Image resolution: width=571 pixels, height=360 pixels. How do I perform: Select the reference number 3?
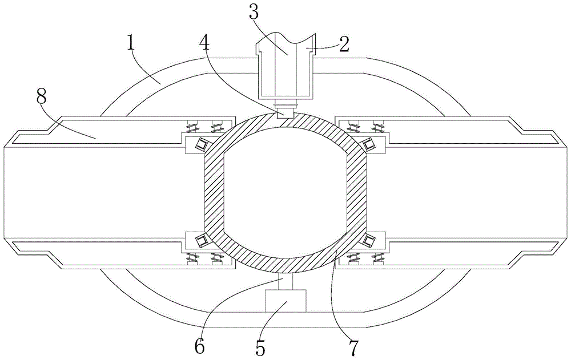(x=254, y=13)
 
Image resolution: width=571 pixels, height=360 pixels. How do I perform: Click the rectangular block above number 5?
(x=287, y=300)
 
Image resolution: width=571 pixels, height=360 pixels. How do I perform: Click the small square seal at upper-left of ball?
(x=200, y=145)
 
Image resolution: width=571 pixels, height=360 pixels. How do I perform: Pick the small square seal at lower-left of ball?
(x=200, y=240)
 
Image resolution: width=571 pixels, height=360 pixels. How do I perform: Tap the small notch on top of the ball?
(x=285, y=114)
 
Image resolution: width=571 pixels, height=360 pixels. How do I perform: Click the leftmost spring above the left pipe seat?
(x=192, y=127)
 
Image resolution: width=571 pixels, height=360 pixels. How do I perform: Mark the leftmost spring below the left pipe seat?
(x=192, y=258)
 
